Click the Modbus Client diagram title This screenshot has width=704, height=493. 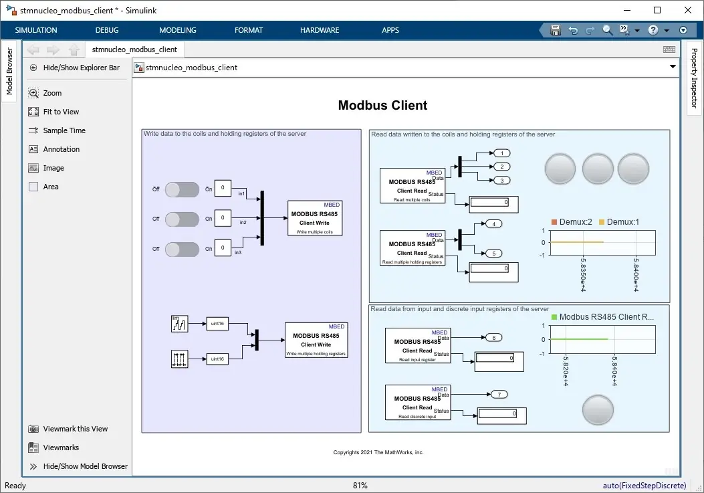pyautogui.click(x=382, y=105)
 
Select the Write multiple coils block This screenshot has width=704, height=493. pyautogui.click(x=315, y=218)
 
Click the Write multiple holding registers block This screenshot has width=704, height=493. pyautogui.click(x=316, y=340)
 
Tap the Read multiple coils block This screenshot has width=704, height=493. pyautogui.click(x=412, y=185)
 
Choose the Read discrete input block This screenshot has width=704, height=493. pyautogui.click(x=417, y=402)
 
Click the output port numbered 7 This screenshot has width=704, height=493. pyautogui.click(x=499, y=394)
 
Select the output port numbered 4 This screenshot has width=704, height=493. pyautogui.click(x=493, y=223)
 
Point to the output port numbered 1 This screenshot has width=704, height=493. pyautogui.click(x=501, y=153)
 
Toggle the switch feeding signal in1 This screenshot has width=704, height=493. pyautogui.click(x=182, y=189)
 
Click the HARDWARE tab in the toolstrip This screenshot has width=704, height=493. pyautogui.click(x=320, y=30)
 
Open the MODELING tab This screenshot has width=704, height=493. pyautogui.click(x=178, y=30)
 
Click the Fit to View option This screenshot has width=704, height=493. pyautogui.click(x=61, y=112)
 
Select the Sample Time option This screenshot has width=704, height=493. pyautogui.click(x=64, y=130)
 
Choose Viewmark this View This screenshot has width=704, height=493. pyautogui.click(x=75, y=429)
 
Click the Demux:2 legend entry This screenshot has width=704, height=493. pyautogui.click(x=572, y=221)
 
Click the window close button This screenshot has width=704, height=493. pyautogui.click(x=688, y=10)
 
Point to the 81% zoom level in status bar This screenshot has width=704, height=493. pyautogui.click(x=360, y=486)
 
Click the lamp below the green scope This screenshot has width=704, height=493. pyautogui.click(x=597, y=410)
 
